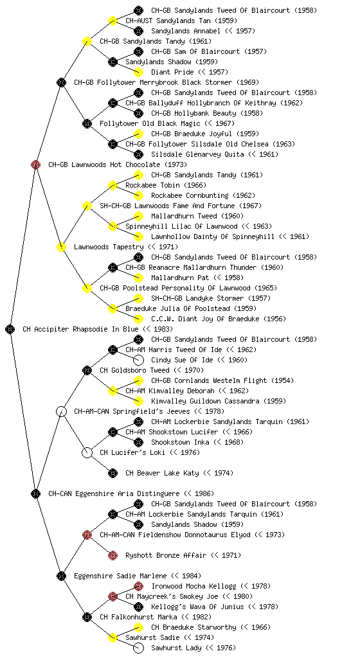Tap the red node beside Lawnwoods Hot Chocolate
[35, 164]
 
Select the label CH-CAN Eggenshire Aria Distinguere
[114, 494]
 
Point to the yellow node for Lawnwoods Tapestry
[61, 247]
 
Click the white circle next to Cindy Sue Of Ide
[138, 360]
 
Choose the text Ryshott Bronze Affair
[166, 556]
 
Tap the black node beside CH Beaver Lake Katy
[113, 474]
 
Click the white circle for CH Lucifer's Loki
[87, 453]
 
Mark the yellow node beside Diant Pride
[138, 72]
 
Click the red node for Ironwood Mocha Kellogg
[138, 586]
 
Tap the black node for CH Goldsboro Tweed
[87, 370]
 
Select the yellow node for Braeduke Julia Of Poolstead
[113, 308]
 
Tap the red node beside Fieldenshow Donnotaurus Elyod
[87, 535]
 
